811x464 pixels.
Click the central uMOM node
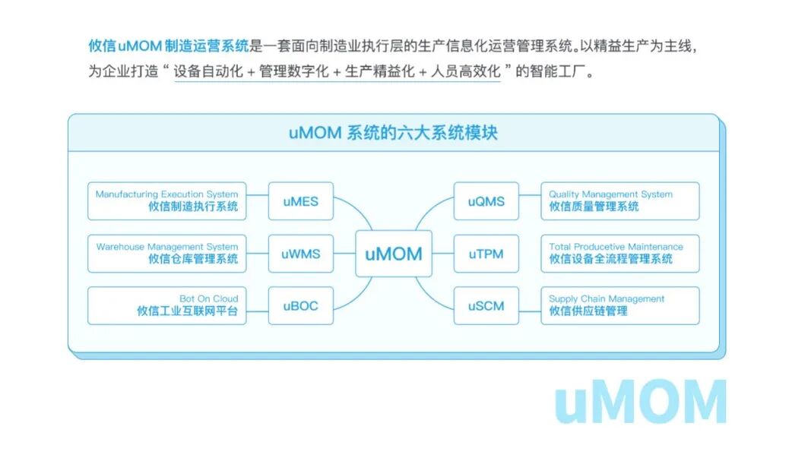click(x=393, y=254)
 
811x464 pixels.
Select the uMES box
click(x=300, y=201)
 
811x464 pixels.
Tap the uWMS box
click(x=300, y=254)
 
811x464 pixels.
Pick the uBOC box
click(x=300, y=306)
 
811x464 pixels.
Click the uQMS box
click(x=486, y=201)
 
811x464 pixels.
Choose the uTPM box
click(x=486, y=254)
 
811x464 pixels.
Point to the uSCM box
click(x=486, y=306)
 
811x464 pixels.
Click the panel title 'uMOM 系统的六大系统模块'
click(x=393, y=133)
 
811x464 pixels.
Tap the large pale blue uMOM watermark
click(x=640, y=402)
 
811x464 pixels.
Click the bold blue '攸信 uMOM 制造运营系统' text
click(x=168, y=46)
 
